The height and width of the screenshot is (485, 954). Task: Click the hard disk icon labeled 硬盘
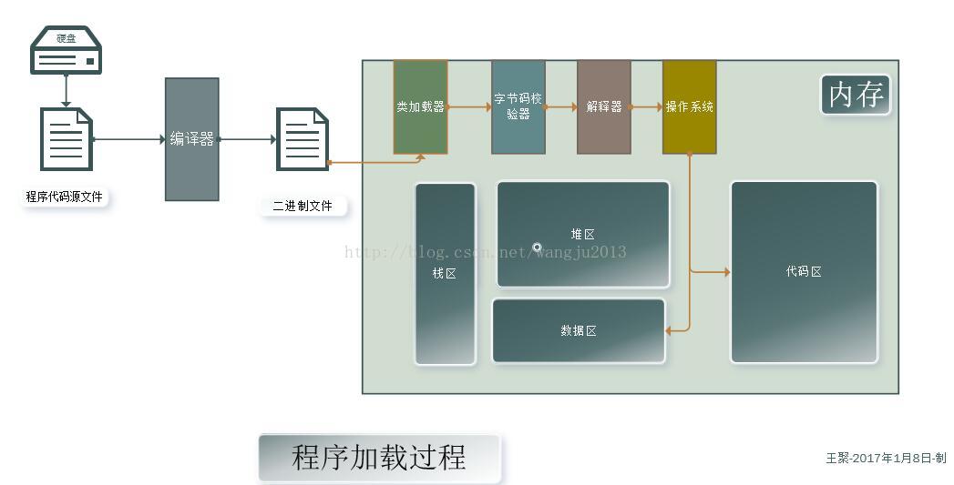point(67,50)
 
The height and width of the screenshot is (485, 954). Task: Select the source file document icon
point(67,139)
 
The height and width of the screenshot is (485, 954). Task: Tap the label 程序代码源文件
point(65,197)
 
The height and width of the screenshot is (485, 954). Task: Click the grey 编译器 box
point(191,139)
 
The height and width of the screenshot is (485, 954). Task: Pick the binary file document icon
point(303,139)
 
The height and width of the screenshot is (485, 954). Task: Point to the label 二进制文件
point(303,206)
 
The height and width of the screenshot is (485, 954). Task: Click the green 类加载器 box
point(420,107)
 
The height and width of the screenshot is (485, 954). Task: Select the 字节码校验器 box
point(518,107)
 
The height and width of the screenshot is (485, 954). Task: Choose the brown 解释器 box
point(603,107)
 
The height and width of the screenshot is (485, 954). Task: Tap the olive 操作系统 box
point(689,107)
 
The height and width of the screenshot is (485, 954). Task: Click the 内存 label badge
point(855,95)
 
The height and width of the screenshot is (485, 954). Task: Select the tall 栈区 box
point(445,273)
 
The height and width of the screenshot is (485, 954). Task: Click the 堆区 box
point(582,234)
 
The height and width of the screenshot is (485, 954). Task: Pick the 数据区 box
point(578,330)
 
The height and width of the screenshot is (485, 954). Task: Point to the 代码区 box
point(804,271)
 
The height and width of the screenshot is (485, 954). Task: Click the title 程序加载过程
point(379,458)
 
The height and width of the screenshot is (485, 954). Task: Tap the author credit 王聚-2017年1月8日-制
point(886,458)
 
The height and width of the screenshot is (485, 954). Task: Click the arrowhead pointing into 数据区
point(670,331)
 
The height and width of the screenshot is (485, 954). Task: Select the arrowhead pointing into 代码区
point(726,272)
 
